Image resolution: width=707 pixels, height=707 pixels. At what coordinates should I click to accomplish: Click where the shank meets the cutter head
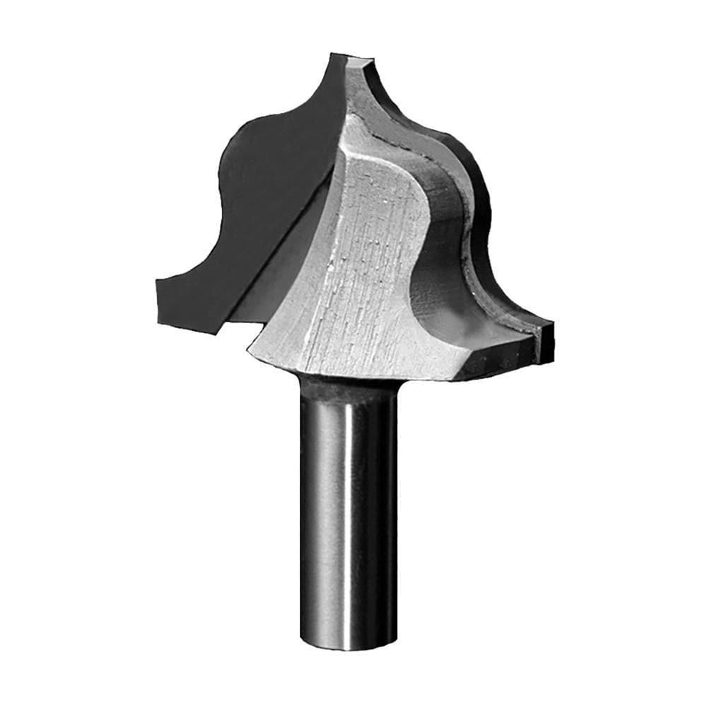346,385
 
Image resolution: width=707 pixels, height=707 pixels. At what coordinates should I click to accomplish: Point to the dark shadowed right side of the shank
385,509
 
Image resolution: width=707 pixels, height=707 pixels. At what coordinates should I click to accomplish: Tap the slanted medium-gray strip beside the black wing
283,283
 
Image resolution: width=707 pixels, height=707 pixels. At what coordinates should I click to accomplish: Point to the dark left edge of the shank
305,509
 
